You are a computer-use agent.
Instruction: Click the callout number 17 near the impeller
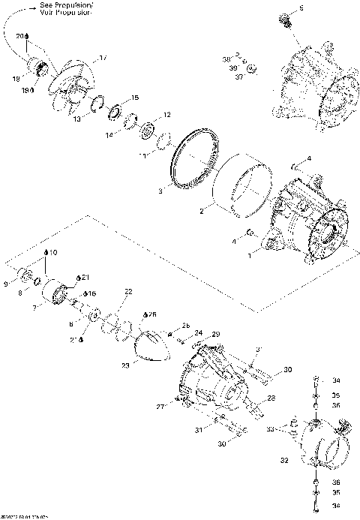click(103, 57)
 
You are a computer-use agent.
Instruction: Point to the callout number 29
click(215, 333)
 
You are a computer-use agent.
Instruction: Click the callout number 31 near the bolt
click(199, 429)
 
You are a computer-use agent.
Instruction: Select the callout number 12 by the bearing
click(166, 115)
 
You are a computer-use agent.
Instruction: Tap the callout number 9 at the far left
click(6, 284)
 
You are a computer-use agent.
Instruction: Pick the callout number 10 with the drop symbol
click(52, 252)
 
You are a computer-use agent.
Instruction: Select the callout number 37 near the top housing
click(238, 76)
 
